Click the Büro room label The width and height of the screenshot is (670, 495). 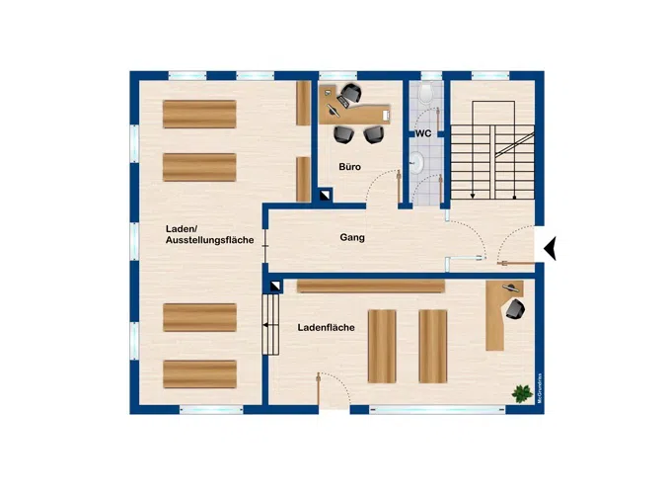tap(350, 167)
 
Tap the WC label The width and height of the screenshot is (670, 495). tap(423, 132)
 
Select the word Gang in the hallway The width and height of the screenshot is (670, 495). tap(353, 238)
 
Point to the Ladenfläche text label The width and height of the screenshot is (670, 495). tap(327, 326)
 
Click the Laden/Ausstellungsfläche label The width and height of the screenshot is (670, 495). tap(210, 234)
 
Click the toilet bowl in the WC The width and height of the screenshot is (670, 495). tap(424, 94)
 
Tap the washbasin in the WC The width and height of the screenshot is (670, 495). tap(418, 162)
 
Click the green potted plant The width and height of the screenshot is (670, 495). tap(519, 393)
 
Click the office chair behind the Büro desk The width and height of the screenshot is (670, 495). tap(351, 94)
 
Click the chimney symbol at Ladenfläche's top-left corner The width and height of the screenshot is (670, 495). tap(275, 286)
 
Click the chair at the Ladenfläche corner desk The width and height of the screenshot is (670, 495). tap(514, 309)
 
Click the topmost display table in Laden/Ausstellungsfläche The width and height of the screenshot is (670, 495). tap(200, 114)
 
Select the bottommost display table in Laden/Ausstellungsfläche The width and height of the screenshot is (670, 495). tap(200, 373)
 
